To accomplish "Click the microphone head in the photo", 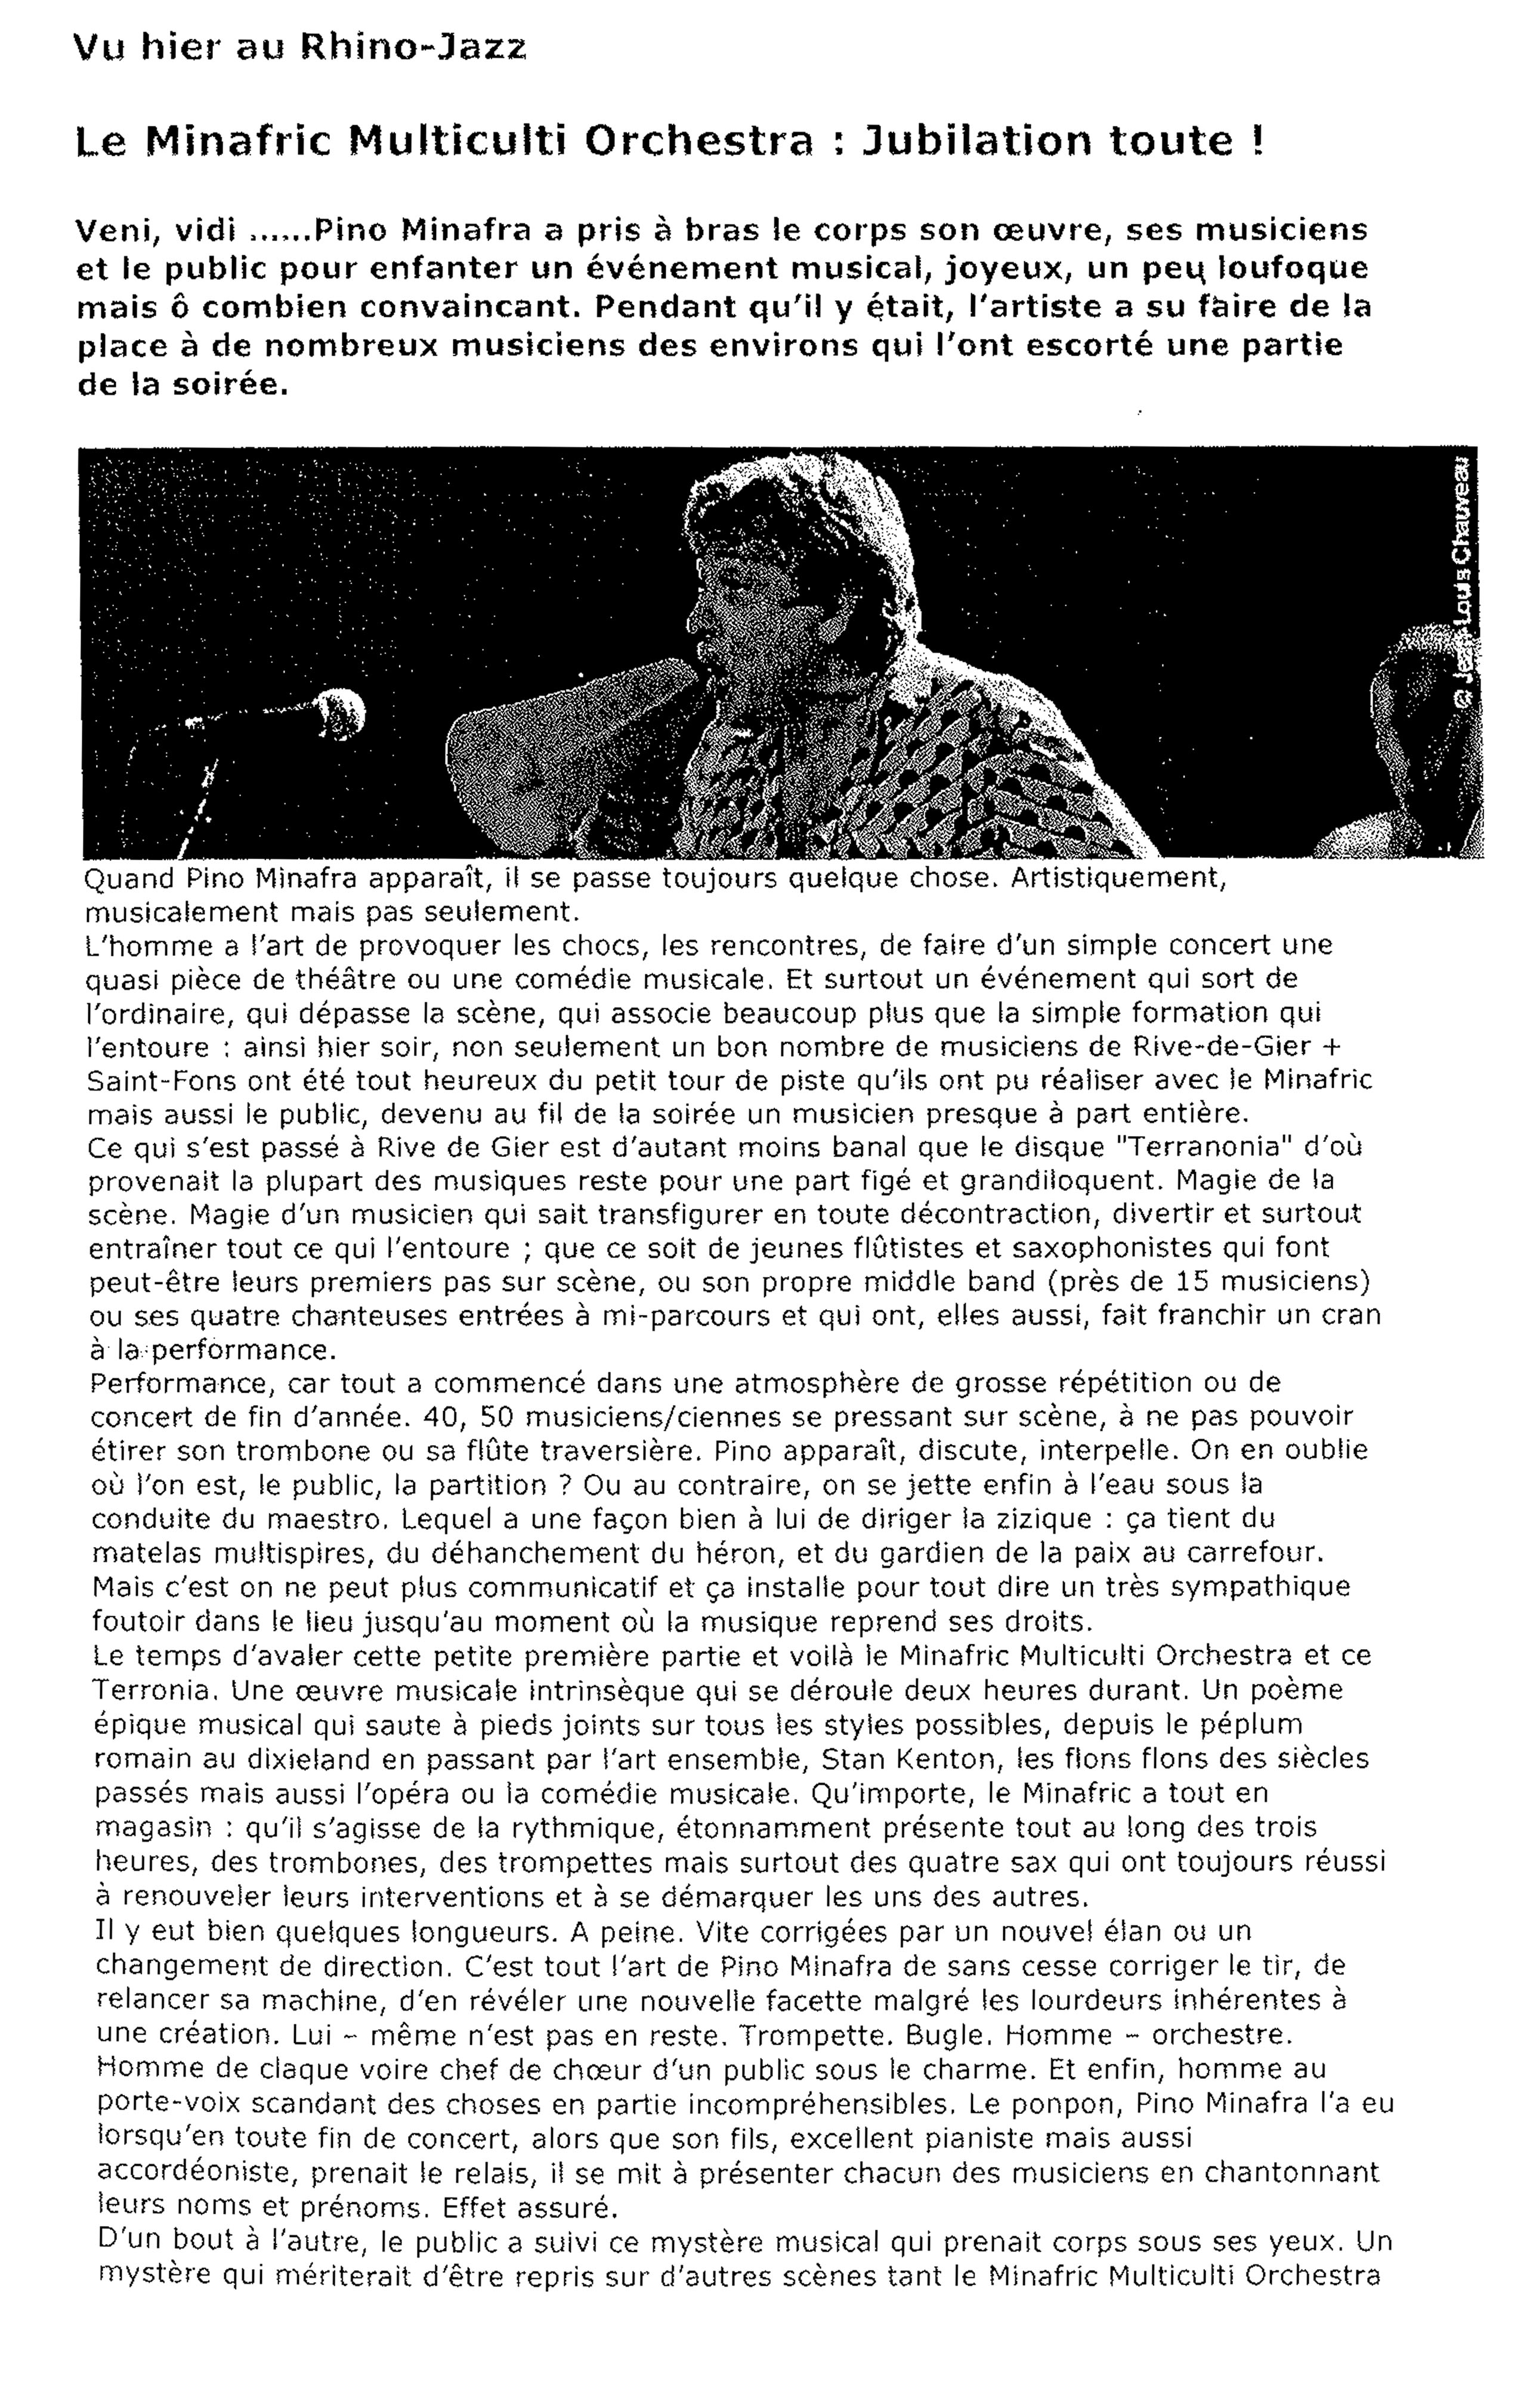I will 339,712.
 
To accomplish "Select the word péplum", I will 1251,1724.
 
